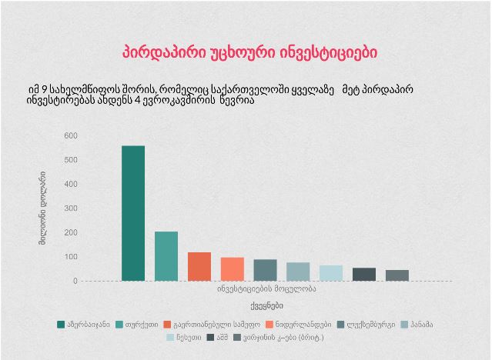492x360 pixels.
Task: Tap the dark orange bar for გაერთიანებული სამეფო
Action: tap(199, 266)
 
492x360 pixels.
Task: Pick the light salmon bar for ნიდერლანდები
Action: tap(233, 268)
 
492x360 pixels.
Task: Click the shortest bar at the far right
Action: tap(397, 275)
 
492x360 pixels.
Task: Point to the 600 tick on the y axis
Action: tap(71, 136)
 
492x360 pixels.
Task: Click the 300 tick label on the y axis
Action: tap(71, 208)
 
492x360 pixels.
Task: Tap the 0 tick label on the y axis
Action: tap(75, 281)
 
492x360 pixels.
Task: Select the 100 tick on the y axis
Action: tap(71, 257)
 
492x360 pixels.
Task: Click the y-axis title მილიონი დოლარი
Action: tap(43, 208)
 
